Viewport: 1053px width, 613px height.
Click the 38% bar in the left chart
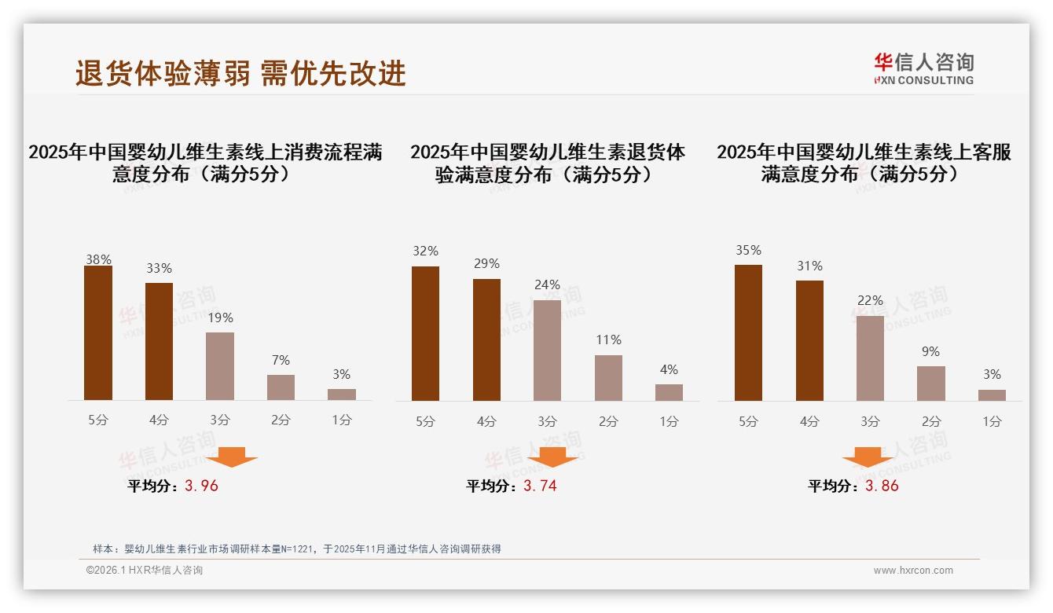[98, 333]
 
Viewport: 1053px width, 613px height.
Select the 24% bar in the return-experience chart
[547, 351]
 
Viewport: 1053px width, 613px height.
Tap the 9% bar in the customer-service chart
[930, 384]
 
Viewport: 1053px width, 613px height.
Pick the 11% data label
[608, 340]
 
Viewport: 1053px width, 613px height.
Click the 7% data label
[281, 360]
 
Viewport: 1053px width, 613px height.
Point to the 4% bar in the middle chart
[669, 392]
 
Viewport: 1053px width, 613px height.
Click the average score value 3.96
[201, 486]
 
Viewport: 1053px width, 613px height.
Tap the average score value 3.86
[882, 486]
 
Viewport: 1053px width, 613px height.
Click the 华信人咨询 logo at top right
[923, 68]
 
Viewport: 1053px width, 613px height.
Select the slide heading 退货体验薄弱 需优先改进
[240, 73]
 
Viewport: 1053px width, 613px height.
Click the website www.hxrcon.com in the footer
[913, 571]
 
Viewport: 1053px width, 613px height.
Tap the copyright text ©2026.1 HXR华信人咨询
[145, 571]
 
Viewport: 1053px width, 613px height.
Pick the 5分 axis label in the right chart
[748, 421]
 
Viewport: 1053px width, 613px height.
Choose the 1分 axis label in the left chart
[342, 420]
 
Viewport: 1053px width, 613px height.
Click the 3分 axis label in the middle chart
[547, 421]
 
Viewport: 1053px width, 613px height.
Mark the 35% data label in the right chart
[748, 250]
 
